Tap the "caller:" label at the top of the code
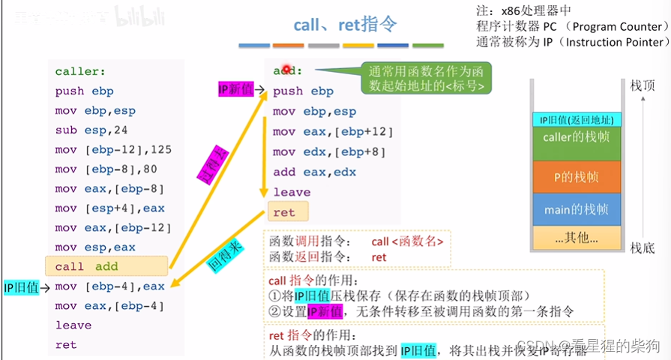click(x=80, y=72)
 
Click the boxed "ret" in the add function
click(x=284, y=212)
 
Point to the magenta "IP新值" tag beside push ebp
click(x=235, y=90)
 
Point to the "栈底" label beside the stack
click(x=643, y=247)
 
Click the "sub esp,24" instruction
click(x=86, y=130)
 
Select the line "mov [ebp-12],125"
click(x=113, y=149)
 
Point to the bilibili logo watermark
click(x=138, y=16)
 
